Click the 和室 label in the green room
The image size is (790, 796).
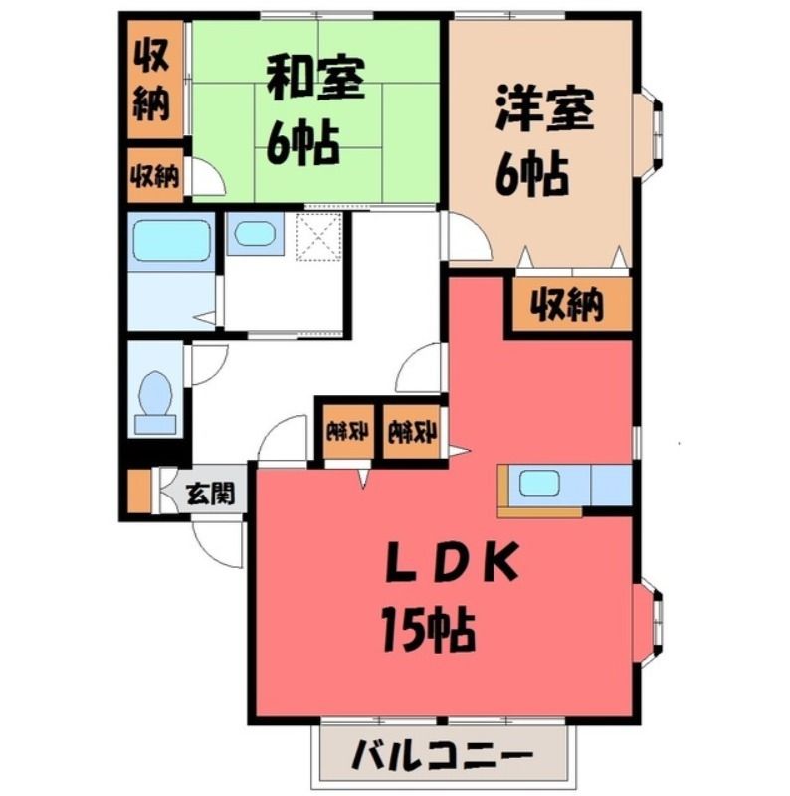[315, 80]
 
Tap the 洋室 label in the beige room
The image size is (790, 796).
[544, 109]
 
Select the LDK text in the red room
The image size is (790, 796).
[452, 563]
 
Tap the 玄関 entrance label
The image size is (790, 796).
[210, 492]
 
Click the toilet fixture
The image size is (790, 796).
[155, 403]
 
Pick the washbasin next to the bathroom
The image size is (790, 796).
[255, 234]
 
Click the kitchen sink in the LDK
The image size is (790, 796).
[539, 484]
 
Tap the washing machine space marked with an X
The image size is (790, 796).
[318, 236]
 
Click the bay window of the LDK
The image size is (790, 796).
[649, 622]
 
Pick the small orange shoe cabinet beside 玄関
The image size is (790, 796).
[139, 491]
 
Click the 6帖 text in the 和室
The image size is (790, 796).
[303, 143]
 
